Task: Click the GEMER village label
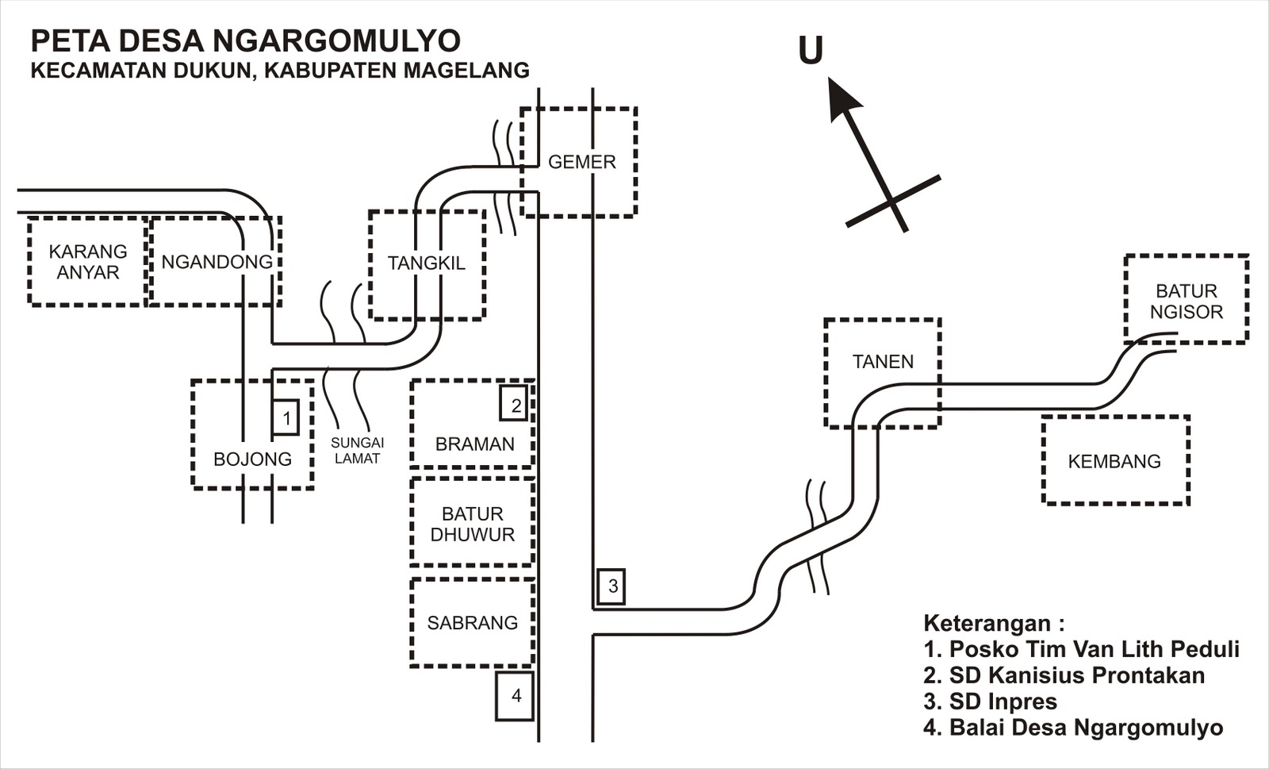(581, 162)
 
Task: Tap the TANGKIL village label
(426, 263)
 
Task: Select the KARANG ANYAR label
(87, 262)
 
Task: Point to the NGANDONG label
(217, 262)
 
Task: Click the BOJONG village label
(252, 459)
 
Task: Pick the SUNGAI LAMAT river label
(357, 451)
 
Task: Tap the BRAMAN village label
(474, 444)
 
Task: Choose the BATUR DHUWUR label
(472, 525)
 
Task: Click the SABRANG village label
(472, 623)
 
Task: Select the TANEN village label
(883, 362)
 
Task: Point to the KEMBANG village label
(1114, 461)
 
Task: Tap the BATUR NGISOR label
(1186, 302)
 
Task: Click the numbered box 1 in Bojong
(286, 417)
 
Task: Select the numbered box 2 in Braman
(516, 405)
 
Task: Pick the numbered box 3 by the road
(611, 587)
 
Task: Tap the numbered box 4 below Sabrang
(516, 696)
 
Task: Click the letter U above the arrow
(810, 51)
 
